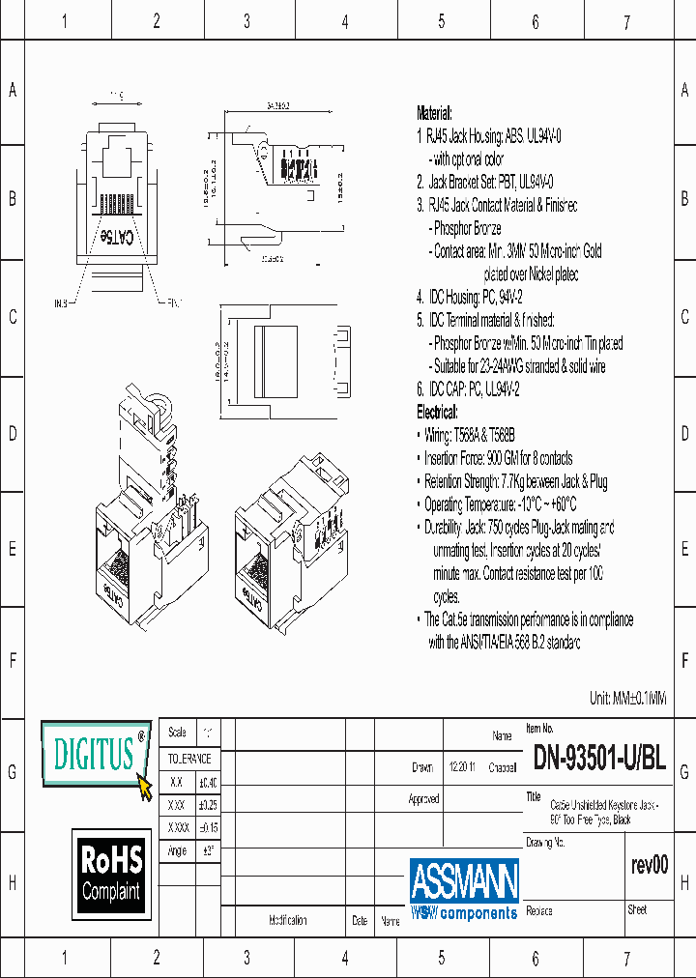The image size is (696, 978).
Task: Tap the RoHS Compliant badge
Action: click(111, 873)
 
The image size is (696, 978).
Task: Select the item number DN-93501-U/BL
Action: click(598, 760)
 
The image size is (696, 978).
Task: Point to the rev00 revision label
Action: click(648, 865)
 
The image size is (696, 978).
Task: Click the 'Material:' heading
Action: click(434, 113)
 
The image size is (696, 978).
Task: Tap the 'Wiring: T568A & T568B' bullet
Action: click(472, 435)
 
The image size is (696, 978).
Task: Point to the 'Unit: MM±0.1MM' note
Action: click(627, 699)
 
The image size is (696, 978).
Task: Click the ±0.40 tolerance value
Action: click(208, 782)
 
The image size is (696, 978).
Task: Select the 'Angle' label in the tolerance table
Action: click(177, 850)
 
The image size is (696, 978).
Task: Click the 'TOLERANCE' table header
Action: click(189, 760)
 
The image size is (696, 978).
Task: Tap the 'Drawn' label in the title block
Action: click(422, 768)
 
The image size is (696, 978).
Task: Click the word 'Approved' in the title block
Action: click(423, 799)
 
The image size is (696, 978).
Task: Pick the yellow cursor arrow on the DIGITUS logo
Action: click(146, 788)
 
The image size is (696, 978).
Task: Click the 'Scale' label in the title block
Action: click(177, 733)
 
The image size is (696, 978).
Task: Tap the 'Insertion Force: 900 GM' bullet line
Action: click(498, 458)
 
